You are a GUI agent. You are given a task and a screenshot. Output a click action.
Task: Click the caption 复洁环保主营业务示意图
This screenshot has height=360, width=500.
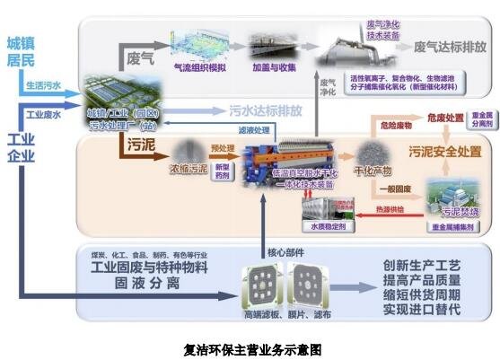251,348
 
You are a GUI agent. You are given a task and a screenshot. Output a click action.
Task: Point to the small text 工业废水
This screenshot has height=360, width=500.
42,115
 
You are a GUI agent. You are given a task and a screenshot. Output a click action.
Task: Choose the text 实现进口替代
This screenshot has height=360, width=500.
421,309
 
